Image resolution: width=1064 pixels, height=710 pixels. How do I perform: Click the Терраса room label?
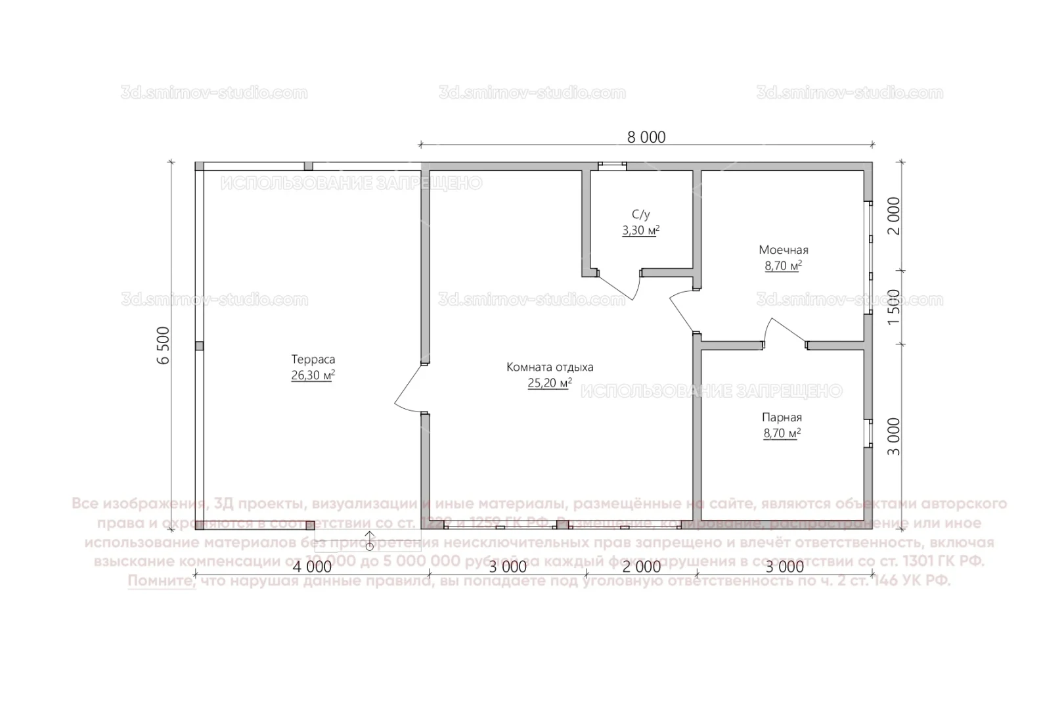(313, 359)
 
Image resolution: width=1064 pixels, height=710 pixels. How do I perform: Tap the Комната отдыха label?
(550, 367)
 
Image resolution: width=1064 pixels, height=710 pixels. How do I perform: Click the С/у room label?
(641, 214)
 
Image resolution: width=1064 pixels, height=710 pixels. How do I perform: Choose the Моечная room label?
(784, 250)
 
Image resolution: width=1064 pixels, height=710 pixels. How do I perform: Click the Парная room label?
(782, 417)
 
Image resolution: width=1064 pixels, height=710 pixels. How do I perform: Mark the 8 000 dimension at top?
(646, 137)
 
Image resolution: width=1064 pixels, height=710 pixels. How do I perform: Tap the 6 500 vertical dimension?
(164, 345)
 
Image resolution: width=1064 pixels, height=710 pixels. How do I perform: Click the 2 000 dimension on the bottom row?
(641, 567)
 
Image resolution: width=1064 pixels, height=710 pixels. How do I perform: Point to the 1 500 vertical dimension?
(893, 306)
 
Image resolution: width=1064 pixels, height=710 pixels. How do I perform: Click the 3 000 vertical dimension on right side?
(893, 436)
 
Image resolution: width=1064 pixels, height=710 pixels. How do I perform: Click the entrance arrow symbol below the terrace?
(369, 540)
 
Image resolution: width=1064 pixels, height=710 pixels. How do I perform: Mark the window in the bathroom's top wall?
(611, 166)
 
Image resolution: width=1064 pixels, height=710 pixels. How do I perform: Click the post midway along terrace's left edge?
(200, 346)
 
